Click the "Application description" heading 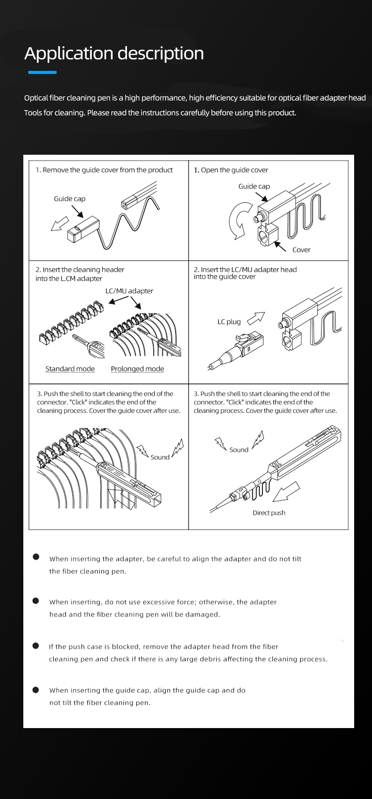tap(114, 54)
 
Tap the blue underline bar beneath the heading tap(42, 72)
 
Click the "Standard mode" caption tap(70, 369)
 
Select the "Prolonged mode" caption tap(137, 369)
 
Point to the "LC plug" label tap(229, 322)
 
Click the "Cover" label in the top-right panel tap(301, 250)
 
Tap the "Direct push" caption tap(269, 513)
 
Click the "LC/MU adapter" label tap(129, 291)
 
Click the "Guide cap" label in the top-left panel tap(69, 199)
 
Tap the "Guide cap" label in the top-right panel tap(254, 186)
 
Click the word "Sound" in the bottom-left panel tap(160, 457)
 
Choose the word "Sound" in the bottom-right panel tap(239, 450)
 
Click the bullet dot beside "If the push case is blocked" tap(36, 646)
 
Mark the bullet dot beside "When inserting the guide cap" tap(36, 689)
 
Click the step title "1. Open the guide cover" tap(231, 170)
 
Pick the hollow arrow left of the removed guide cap tap(60, 224)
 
